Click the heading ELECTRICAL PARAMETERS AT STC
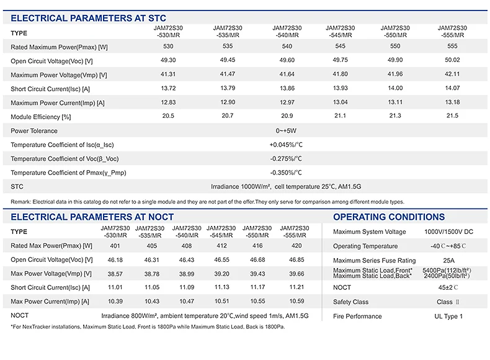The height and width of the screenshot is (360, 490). [x=89, y=19]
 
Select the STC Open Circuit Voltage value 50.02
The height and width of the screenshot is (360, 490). [x=453, y=60]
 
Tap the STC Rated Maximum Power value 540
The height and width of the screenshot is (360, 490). [x=287, y=47]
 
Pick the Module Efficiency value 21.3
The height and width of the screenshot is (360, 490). [x=394, y=116]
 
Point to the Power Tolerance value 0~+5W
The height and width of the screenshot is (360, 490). [x=287, y=130]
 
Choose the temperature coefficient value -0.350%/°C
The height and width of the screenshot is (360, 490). [x=286, y=173]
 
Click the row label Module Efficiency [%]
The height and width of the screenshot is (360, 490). [x=41, y=117]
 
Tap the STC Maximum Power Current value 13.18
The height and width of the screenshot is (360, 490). [x=453, y=102]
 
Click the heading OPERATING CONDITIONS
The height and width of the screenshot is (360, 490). [x=389, y=217]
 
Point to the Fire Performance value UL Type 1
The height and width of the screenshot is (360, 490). [x=448, y=317]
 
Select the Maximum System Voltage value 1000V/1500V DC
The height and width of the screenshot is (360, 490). [x=448, y=232]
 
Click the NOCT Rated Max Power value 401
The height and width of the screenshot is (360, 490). [x=115, y=246]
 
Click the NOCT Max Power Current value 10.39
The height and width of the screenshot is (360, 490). [x=115, y=301]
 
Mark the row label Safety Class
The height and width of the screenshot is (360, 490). [x=350, y=302]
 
